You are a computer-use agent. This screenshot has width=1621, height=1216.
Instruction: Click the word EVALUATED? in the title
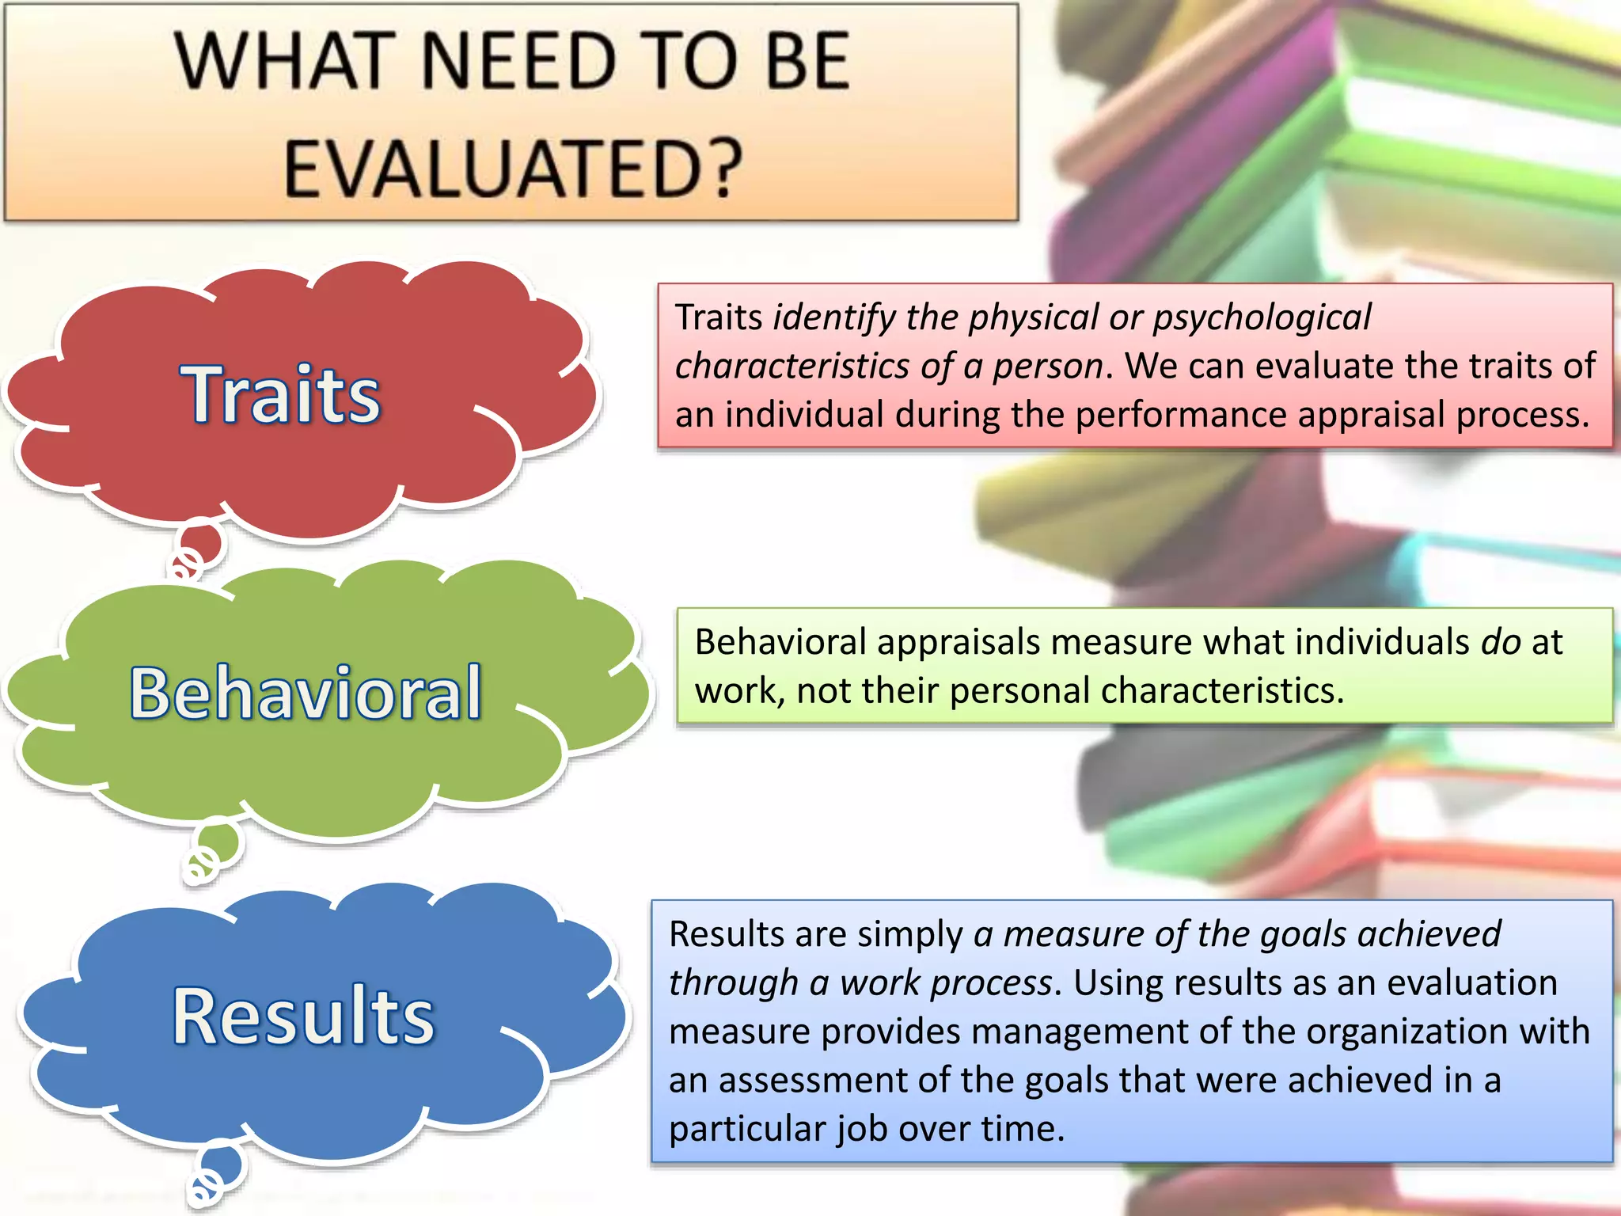click(x=513, y=168)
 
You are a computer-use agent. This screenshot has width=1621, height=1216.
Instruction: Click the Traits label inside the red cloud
click(x=281, y=393)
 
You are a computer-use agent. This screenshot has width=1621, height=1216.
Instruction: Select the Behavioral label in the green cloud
click(x=306, y=693)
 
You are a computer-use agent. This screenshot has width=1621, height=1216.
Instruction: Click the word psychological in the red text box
click(x=1262, y=317)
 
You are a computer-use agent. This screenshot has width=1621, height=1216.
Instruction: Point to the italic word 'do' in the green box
click(x=1501, y=642)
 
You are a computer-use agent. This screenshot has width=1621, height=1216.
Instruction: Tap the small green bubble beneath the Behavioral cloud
click(x=218, y=843)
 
